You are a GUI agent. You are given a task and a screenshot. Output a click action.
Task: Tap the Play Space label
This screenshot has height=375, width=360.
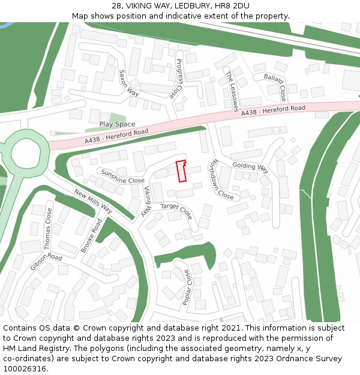tap(117, 124)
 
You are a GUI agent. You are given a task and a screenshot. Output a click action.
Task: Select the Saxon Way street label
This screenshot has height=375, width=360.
tap(129, 83)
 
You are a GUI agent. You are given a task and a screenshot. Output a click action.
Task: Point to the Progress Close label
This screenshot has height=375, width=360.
tap(175, 79)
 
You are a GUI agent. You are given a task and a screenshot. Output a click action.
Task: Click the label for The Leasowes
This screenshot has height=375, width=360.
tap(232, 91)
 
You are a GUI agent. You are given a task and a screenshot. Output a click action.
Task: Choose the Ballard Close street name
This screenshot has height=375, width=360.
tap(275, 86)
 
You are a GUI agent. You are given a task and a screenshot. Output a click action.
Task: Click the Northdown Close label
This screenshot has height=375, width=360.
tap(220, 179)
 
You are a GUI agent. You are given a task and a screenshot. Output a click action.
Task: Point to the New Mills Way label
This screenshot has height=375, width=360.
tap(93, 201)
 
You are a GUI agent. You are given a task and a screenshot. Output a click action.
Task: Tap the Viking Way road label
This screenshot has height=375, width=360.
tap(146, 201)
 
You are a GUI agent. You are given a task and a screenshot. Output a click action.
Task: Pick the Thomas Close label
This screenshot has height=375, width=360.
tap(48, 228)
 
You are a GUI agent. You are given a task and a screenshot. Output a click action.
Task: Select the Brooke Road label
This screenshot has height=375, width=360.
tap(91, 235)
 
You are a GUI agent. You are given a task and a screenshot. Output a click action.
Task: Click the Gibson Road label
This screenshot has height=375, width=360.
tap(46, 262)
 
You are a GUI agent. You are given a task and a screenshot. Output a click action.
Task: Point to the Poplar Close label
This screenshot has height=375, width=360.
tap(187, 287)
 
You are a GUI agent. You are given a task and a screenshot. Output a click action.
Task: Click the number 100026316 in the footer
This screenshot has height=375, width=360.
tap(25, 368)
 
